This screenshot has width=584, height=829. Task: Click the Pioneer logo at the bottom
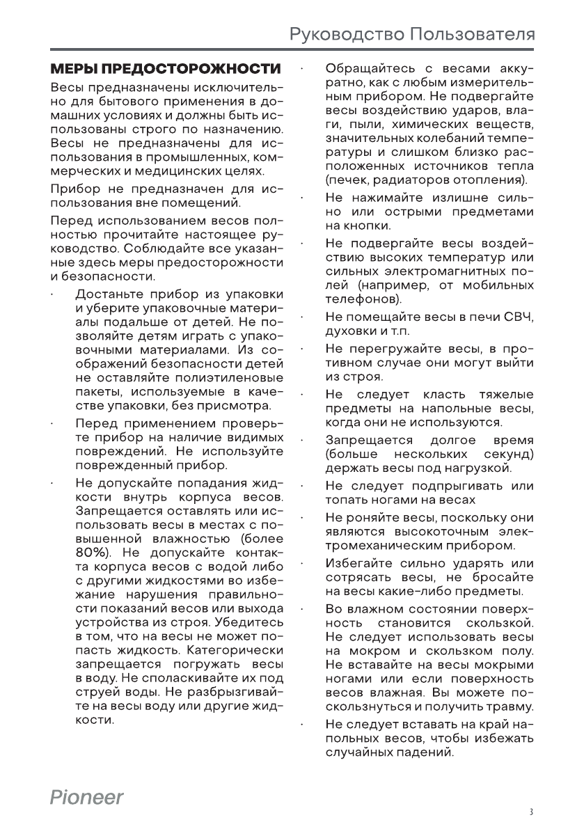[86, 798]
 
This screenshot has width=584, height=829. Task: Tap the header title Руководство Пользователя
[412, 34]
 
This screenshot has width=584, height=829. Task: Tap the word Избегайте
[354, 564]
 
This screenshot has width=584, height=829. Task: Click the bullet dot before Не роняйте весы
[302, 518]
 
